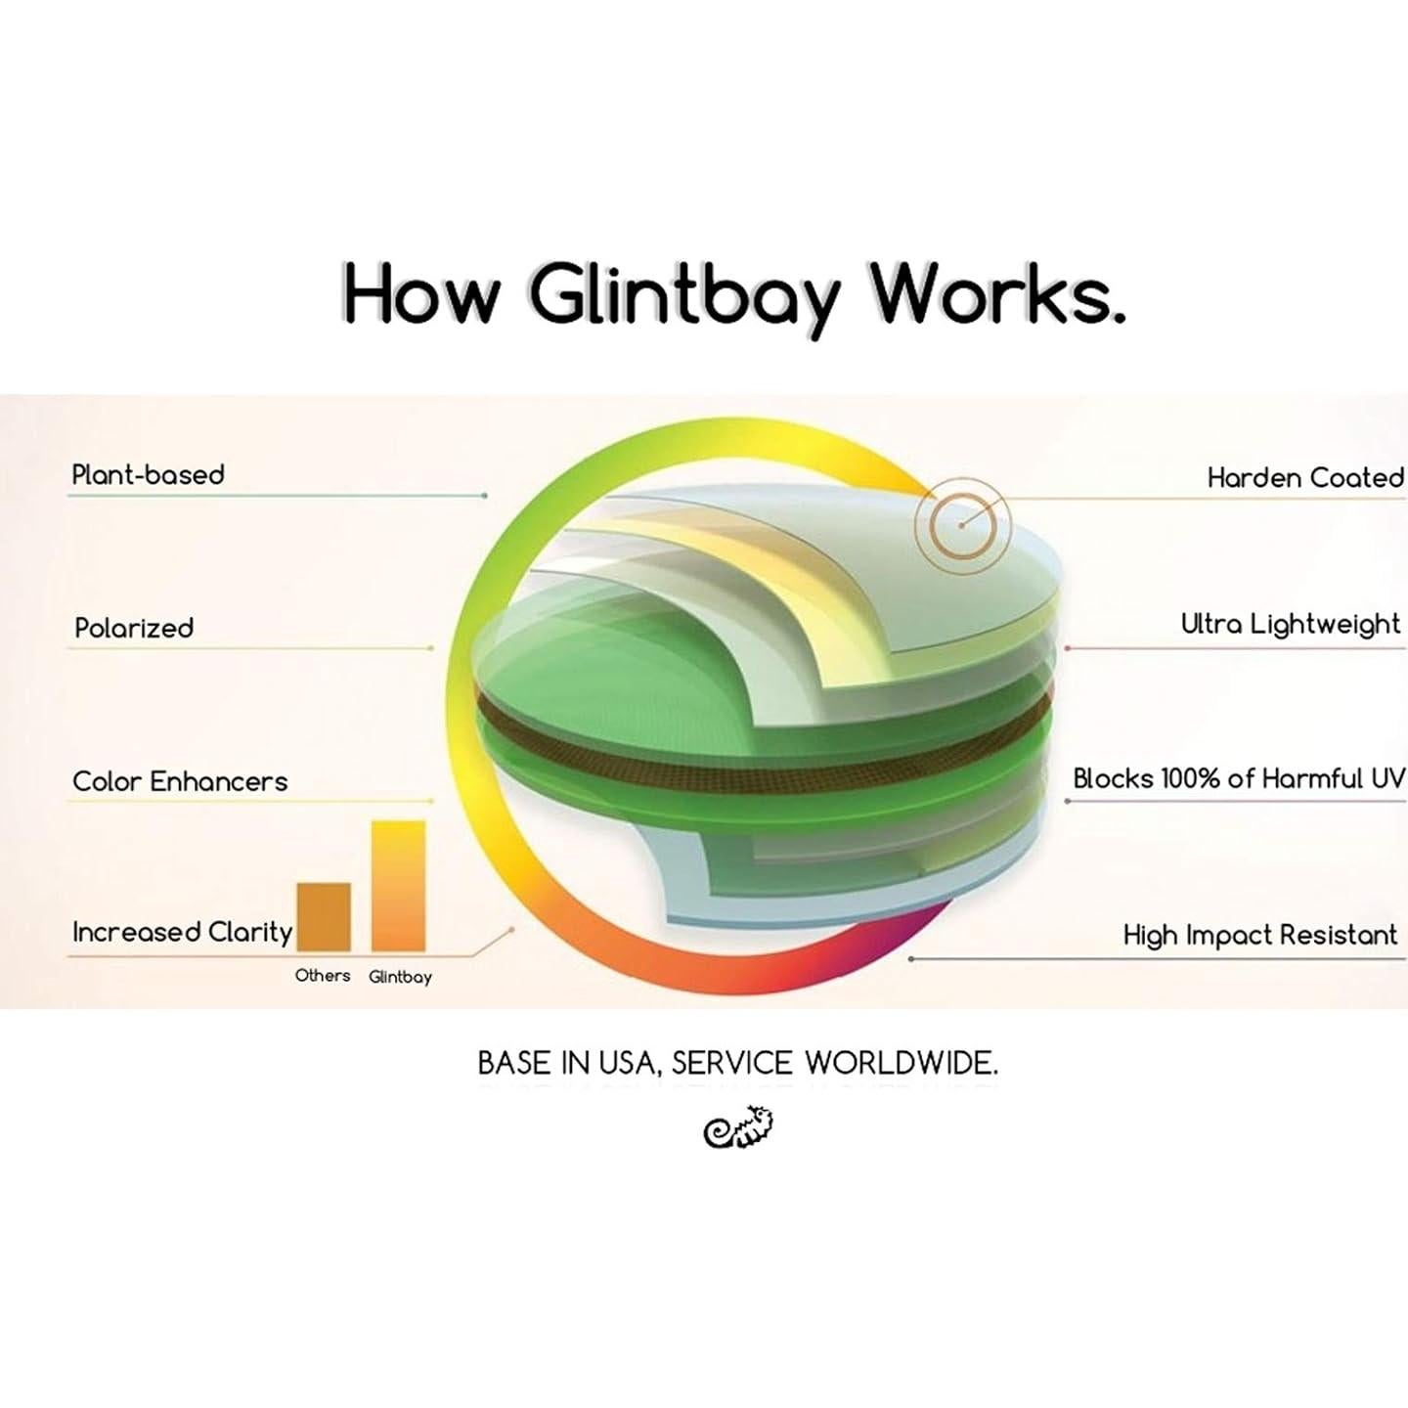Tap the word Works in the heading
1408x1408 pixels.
click(996, 292)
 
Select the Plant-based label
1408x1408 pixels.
click(149, 475)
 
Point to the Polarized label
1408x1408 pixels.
click(134, 628)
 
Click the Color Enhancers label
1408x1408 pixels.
click(180, 781)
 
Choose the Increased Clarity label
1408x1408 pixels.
click(182, 932)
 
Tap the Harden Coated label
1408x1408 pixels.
click(1304, 478)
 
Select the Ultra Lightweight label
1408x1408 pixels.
click(1291, 624)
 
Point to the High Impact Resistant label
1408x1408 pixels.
click(1260, 935)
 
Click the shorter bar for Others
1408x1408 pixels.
click(324, 916)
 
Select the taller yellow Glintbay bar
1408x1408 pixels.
click(398, 885)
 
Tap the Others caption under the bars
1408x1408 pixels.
click(323, 976)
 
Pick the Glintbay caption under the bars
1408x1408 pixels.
click(400, 977)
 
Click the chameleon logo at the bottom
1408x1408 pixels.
click(739, 1127)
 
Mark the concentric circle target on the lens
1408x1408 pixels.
click(961, 525)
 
